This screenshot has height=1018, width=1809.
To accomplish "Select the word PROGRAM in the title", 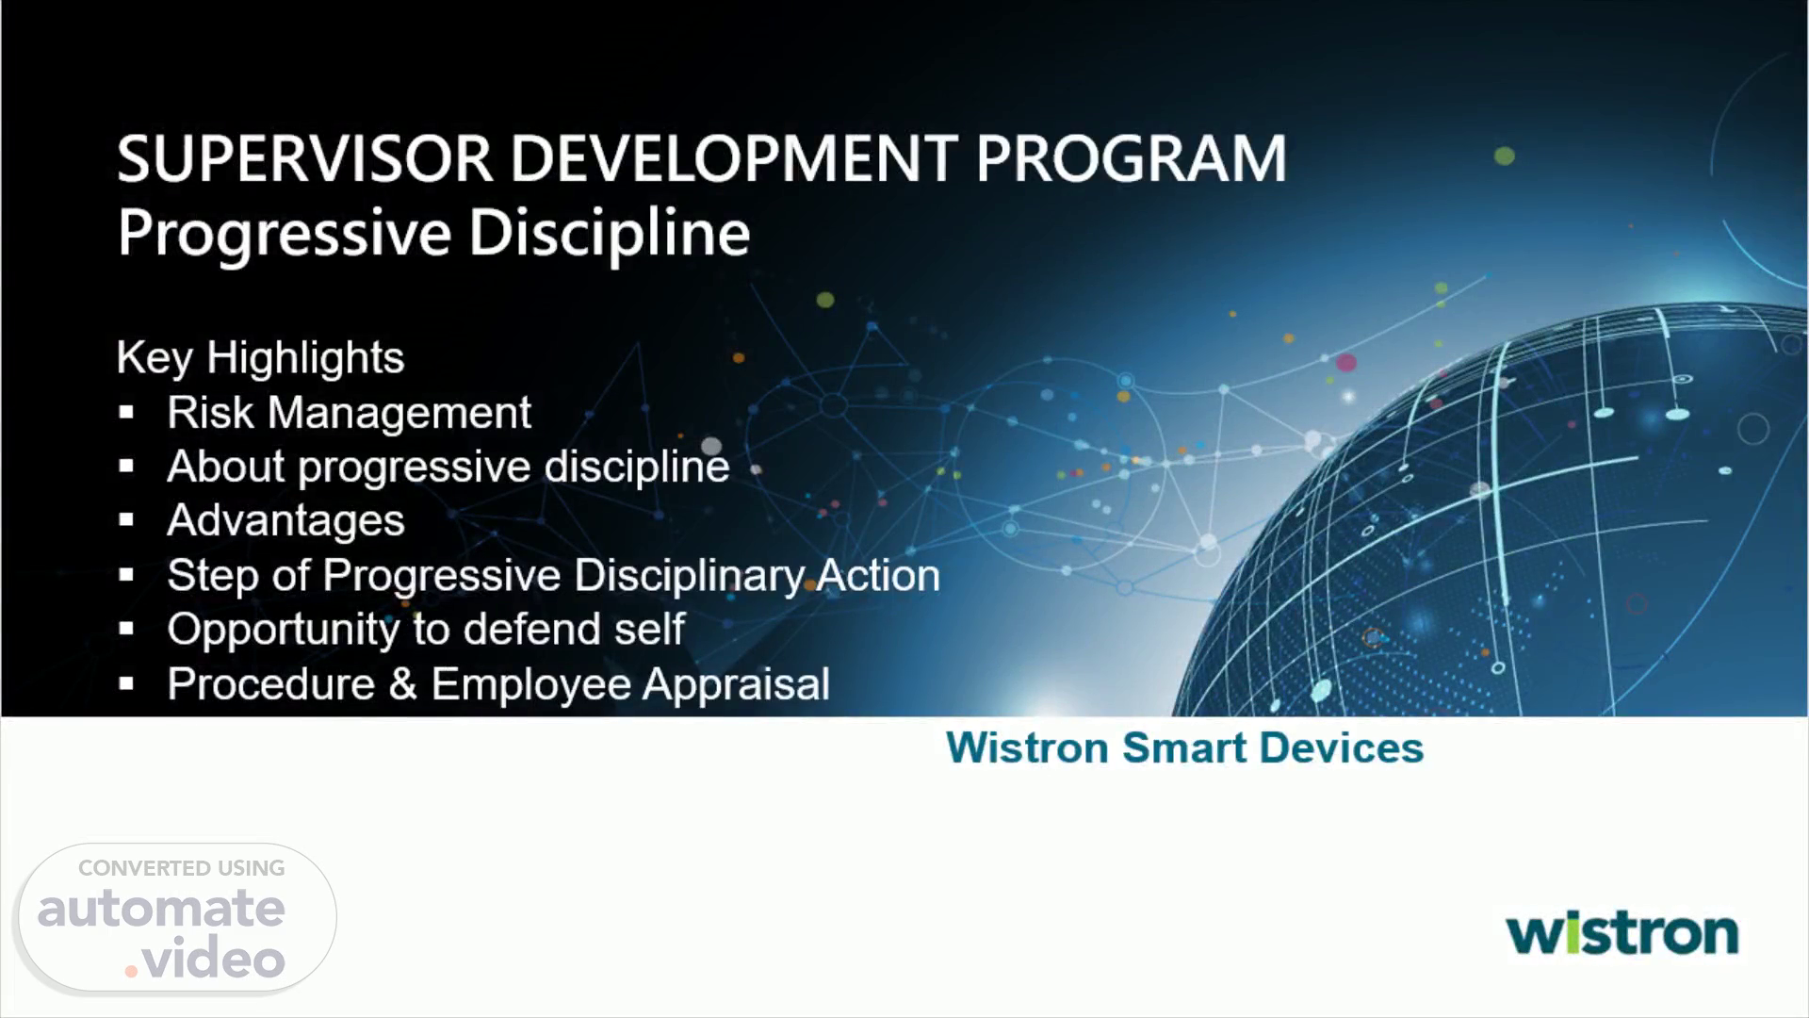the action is click(1132, 158).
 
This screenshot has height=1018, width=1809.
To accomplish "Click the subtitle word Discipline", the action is click(610, 232).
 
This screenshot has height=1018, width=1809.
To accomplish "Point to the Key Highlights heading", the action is click(260, 358).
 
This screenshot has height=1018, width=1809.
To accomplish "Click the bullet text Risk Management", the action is click(349, 412).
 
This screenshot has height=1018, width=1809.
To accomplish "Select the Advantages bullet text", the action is click(285, 521).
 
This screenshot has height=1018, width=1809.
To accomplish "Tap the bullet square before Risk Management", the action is click(126, 413).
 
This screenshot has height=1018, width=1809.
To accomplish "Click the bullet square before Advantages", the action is click(126, 520).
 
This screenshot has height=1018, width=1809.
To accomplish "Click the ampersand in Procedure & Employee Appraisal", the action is click(402, 683).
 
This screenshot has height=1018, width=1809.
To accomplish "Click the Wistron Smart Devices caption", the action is click(1184, 747).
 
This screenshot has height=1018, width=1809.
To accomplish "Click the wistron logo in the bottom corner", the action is click(1622, 933).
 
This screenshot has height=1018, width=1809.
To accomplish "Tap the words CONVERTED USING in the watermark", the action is click(181, 868).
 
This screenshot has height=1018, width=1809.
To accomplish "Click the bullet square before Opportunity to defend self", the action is click(126, 629).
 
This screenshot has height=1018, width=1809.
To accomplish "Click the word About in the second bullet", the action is click(225, 467).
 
